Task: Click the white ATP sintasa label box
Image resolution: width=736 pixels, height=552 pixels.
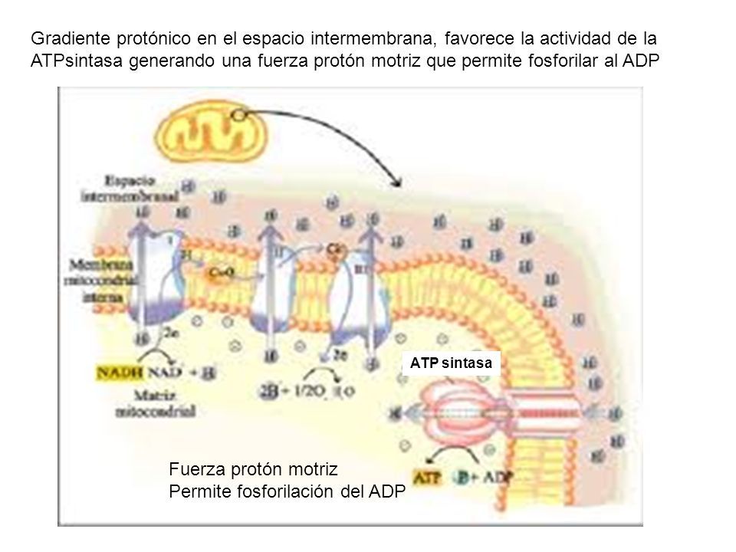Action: [x=451, y=363]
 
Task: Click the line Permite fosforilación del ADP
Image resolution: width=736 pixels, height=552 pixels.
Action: [x=284, y=491]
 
